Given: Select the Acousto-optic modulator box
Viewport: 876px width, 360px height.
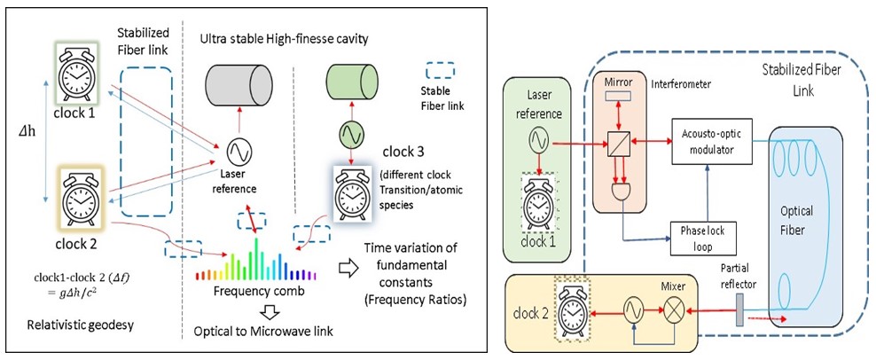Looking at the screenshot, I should tap(708, 139).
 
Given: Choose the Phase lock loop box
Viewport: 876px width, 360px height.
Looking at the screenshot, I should tap(696, 234).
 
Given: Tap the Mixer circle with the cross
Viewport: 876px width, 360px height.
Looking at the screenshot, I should tap(674, 310).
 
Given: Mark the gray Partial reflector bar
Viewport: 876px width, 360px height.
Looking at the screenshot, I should tap(739, 310).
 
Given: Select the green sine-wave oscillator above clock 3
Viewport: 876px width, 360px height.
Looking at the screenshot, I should tap(351, 136).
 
